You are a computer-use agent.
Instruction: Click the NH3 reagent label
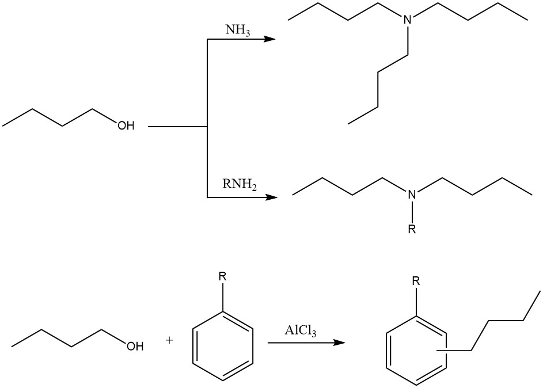point(237,29)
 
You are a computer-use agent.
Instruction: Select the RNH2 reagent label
point(239,185)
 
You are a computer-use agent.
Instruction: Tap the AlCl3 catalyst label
point(300,331)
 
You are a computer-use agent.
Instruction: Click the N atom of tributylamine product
point(408,20)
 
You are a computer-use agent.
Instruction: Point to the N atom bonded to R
point(412,196)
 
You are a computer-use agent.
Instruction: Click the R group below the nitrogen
point(411,230)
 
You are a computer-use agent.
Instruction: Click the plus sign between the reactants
point(169,340)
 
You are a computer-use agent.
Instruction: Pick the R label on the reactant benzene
point(222,277)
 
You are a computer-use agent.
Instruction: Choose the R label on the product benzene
point(416,282)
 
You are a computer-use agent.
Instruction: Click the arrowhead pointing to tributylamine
point(269,39)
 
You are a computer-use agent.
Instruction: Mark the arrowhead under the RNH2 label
point(271,197)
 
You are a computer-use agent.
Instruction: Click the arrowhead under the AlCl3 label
point(339,343)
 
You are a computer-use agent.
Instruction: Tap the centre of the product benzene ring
point(416,352)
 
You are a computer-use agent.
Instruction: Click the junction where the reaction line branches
point(207,125)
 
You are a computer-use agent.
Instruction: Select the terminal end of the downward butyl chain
point(349,123)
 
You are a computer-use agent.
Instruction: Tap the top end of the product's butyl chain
point(540,291)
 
